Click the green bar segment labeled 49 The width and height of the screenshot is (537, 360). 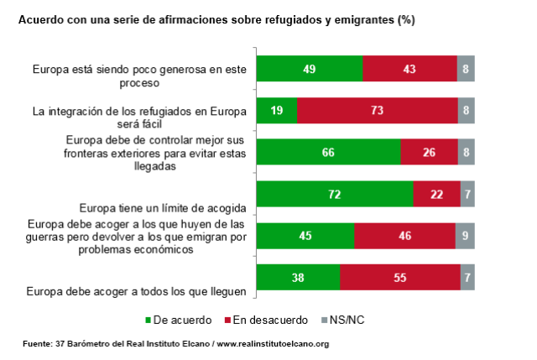point(309,69)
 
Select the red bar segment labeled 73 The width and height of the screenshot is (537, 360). point(377,110)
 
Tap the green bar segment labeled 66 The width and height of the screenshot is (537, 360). point(328,151)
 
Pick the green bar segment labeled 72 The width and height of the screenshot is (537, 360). point(335,193)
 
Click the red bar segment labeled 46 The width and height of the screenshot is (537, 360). point(404,236)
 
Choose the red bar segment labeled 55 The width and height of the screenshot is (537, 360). point(400,277)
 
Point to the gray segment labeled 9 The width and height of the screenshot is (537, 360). point(465,236)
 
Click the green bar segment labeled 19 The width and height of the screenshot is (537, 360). point(276,110)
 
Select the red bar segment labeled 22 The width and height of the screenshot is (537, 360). point(436,193)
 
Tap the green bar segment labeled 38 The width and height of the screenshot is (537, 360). point(298,277)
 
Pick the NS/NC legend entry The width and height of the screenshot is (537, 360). point(341,320)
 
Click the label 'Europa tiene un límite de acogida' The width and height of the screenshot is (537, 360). point(161,206)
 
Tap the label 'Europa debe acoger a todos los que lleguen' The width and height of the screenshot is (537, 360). point(136,291)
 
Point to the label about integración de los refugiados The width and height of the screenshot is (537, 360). point(138,117)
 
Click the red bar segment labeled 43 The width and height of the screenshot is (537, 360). point(409,69)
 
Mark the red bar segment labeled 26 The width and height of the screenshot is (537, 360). point(429,151)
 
